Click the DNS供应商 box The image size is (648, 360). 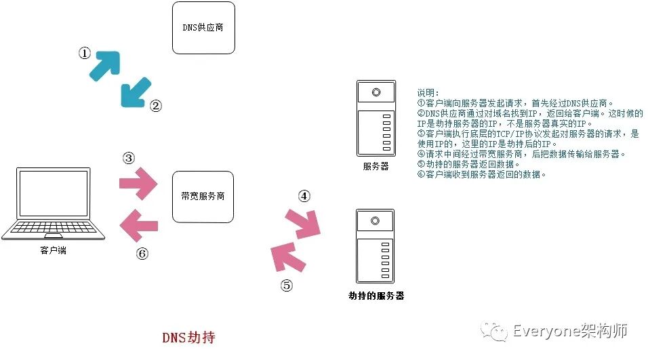click(x=203, y=28)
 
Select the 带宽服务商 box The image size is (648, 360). click(x=203, y=197)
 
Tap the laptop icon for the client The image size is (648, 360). click(x=53, y=203)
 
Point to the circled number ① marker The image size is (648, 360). click(x=84, y=53)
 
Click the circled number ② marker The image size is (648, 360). click(x=155, y=106)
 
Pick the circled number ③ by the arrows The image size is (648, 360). click(x=129, y=158)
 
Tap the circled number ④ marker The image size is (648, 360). click(x=304, y=197)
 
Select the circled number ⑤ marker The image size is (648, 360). click(x=286, y=285)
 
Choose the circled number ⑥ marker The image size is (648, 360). click(x=142, y=254)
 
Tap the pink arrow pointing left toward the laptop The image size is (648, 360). click(x=138, y=222)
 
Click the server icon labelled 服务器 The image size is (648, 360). click(x=375, y=118)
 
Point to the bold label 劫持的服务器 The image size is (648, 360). click(x=376, y=296)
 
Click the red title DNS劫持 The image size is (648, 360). click(x=188, y=337)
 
